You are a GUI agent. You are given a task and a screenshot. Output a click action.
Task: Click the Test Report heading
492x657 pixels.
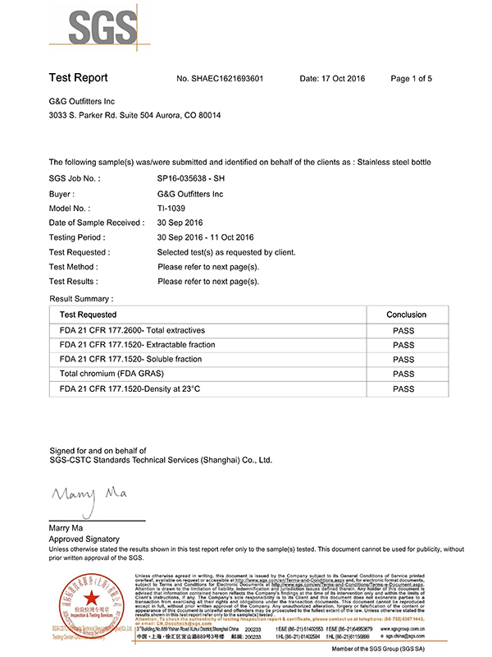78,78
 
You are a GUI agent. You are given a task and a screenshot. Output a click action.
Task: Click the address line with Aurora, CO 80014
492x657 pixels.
134,115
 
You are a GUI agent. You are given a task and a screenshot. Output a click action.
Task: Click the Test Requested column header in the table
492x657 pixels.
88,315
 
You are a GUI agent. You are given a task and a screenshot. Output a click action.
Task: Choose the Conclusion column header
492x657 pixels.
406,315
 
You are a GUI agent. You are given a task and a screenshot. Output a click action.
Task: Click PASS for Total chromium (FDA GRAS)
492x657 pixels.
403,374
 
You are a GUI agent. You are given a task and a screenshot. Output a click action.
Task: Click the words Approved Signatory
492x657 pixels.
84,538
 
